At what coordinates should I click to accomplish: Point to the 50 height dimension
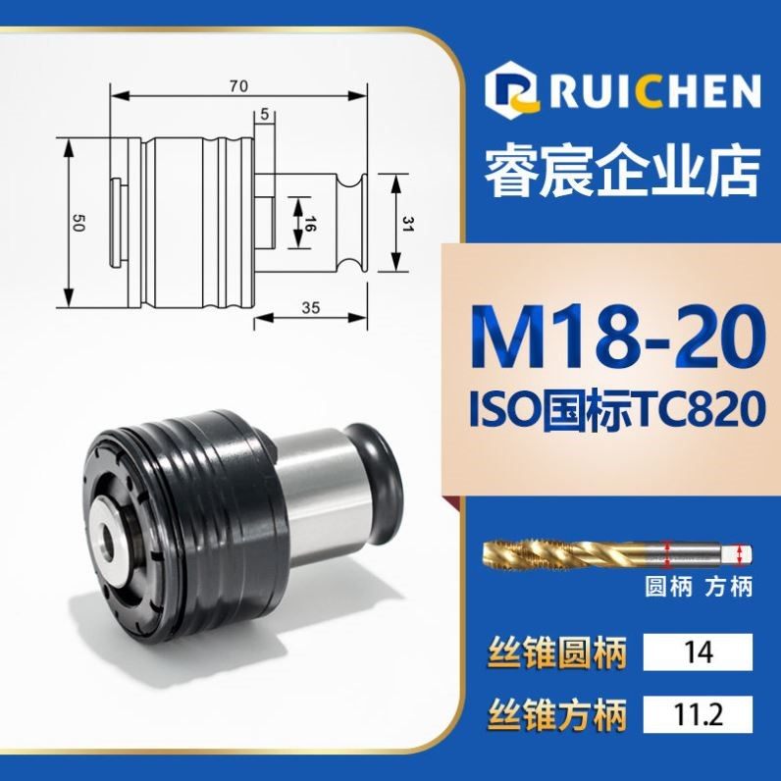coord(78,224)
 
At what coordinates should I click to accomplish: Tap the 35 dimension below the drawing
coord(311,307)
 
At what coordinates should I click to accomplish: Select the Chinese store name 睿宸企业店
coord(622,173)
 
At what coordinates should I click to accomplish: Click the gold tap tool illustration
coord(613,553)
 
